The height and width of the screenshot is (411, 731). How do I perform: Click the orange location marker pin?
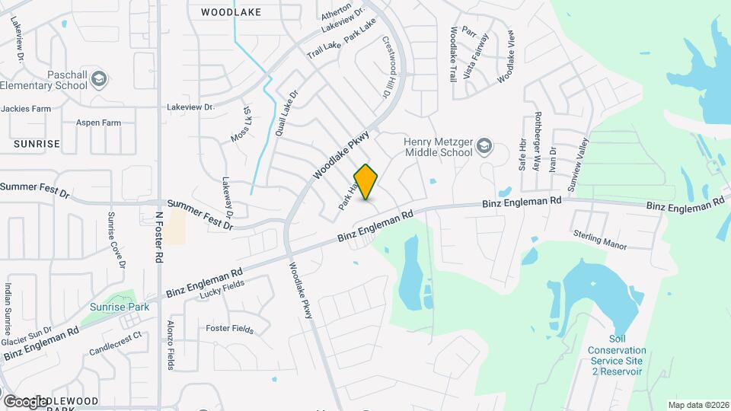(366, 182)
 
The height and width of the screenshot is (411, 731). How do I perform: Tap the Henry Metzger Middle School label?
(439, 147)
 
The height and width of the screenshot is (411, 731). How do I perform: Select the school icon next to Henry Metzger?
(486, 147)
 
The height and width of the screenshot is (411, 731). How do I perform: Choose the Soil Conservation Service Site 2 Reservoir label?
(615, 355)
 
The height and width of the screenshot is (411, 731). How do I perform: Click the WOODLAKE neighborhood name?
(231, 12)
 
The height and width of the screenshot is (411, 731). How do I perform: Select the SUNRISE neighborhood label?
(37, 143)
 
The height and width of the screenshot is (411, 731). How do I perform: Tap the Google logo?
(25, 400)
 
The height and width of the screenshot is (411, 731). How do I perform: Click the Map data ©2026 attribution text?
(697, 404)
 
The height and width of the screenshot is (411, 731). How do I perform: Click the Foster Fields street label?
(230, 329)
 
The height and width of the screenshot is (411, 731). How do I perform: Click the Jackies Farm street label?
(26, 109)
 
